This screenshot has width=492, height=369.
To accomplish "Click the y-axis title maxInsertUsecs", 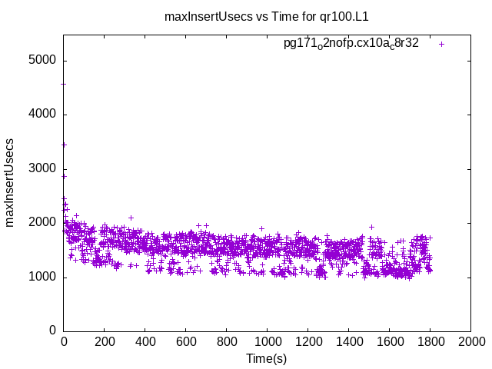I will (10, 182).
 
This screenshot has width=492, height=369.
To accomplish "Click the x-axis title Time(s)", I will (266, 359).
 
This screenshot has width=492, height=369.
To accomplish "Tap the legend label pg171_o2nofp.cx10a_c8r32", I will (351, 44).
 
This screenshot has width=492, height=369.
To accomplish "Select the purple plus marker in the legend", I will (441, 44).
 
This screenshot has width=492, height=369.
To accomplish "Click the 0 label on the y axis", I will (51, 331).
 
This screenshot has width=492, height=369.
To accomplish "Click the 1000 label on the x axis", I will (267, 344).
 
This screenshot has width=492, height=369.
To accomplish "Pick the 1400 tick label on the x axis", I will (348, 344).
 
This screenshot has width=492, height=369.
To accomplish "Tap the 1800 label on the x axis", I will (430, 344).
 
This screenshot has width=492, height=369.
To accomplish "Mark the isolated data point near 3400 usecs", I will (65, 145).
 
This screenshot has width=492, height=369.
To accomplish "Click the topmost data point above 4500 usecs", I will (64, 84).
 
